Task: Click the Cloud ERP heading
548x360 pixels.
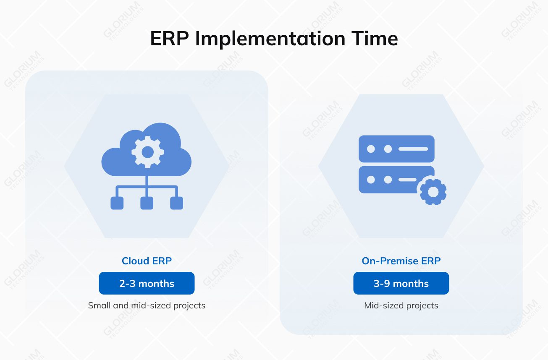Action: (x=147, y=261)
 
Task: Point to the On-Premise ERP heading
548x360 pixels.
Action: (x=401, y=261)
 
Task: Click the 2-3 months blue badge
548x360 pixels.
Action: (x=147, y=283)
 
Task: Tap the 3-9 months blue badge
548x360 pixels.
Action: (x=401, y=283)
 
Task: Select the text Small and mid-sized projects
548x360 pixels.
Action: (x=147, y=305)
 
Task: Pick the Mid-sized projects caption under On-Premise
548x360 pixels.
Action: (x=401, y=305)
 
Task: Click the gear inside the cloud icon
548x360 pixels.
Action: (x=147, y=152)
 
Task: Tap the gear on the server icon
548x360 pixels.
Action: (x=432, y=192)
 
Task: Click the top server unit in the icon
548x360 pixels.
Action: (x=396, y=149)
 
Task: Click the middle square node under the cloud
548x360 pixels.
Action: (x=147, y=203)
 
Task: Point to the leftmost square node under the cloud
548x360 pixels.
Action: (x=117, y=203)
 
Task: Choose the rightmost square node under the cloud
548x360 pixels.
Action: (x=176, y=203)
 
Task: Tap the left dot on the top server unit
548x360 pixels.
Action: (x=371, y=149)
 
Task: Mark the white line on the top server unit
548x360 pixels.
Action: (x=413, y=149)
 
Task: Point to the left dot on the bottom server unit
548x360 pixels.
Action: (x=371, y=180)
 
